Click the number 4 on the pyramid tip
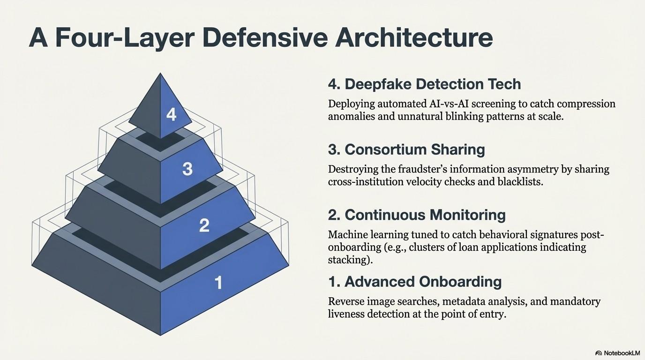coord(171,114)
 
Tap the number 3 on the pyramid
coord(187,169)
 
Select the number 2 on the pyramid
coord(204,225)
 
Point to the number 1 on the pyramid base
coord(218,283)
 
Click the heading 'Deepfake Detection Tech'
coord(433,84)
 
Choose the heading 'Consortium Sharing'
coord(414,150)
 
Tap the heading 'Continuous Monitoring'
coord(425,215)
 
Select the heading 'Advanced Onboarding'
coord(423,282)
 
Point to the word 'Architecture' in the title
coord(414,38)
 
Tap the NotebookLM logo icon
coord(599,353)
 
